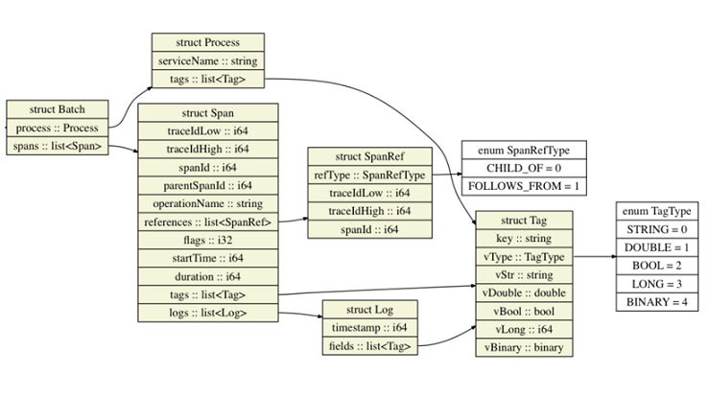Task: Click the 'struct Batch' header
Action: tap(58, 109)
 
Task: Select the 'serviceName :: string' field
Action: tap(208, 61)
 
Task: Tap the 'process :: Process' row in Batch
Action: tap(58, 129)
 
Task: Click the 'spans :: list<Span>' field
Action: tap(58, 146)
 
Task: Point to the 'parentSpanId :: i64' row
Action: tap(208, 186)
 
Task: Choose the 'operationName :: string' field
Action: tap(208, 204)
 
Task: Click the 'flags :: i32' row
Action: tap(208, 240)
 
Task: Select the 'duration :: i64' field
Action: tap(208, 276)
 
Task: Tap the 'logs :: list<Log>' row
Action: tap(208, 313)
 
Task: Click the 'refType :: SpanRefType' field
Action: tap(369, 176)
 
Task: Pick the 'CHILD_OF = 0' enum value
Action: tap(524, 169)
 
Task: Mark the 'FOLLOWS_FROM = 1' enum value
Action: tap(524, 186)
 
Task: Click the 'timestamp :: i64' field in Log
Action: tap(369, 328)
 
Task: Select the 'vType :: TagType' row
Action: tap(524, 257)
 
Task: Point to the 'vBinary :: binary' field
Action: tap(524, 347)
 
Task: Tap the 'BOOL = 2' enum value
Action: tap(657, 266)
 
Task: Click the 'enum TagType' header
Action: tap(657, 211)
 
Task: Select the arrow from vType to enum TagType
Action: tap(594, 257)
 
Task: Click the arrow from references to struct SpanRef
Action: tap(293, 221)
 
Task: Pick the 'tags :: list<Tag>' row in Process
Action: tap(208, 80)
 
